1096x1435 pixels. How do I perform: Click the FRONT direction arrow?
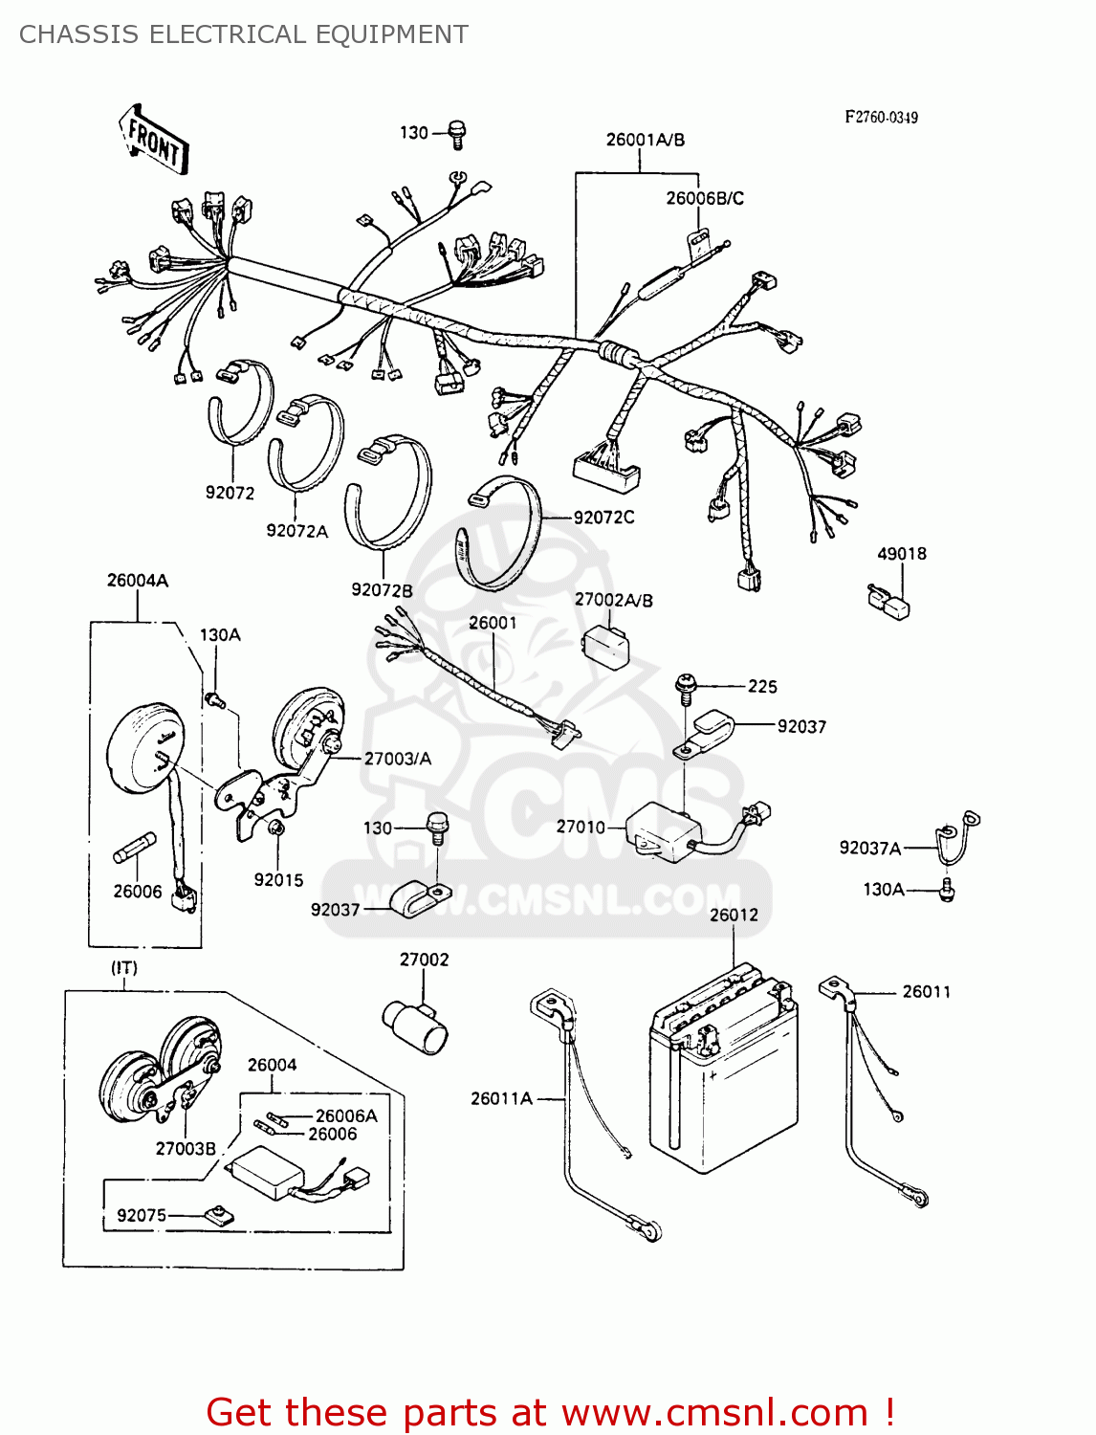click(x=153, y=140)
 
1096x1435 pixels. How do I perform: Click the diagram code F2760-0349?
click(x=881, y=117)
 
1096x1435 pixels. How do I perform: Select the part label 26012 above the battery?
click(x=734, y=915)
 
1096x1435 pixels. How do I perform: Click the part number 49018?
click(x=901, y=554)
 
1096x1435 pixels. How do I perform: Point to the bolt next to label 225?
click(x=685, y=686)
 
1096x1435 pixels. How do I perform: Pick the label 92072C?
click(x=603, y=518)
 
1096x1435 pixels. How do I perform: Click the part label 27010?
click(x=581, y=827)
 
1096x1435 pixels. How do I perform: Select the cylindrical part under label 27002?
click(x=415, y=1026)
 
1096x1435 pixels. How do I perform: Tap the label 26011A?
click(x=501, y=1098)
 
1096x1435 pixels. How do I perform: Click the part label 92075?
click(x=142, y=1215)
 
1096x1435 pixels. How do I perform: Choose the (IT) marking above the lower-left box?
click(x=124, y=968)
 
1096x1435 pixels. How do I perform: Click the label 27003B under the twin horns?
click(x=186, y=1148)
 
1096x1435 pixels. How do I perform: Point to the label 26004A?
click(x=138, y=581)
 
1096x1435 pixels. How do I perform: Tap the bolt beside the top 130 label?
click(x=457, y=136)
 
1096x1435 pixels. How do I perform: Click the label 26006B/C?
click(x=705, y=198)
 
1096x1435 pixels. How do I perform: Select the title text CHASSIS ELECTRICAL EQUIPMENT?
click(x=244, y=34)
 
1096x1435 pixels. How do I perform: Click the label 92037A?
click(x=869, y=848)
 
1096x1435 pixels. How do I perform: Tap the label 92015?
click(x=278, y=879)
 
